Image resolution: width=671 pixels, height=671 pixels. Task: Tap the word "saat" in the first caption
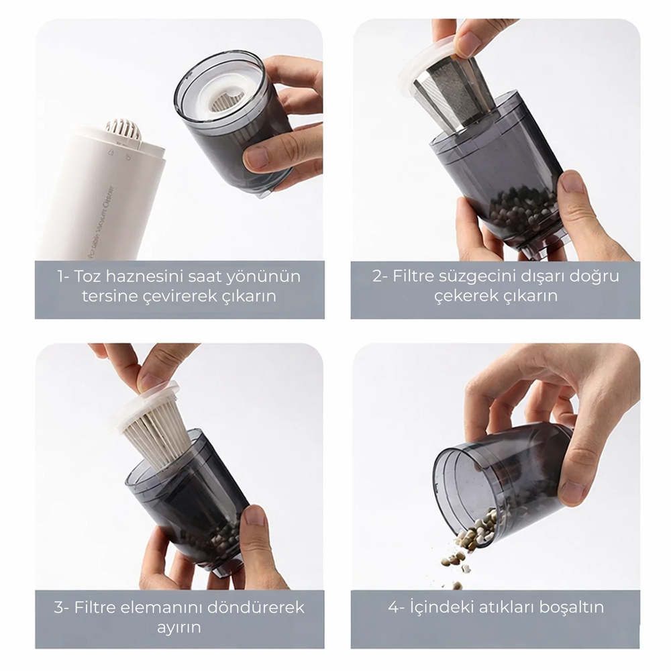[x=204, y=276]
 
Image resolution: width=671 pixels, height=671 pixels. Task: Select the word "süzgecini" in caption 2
[x=468, y=276]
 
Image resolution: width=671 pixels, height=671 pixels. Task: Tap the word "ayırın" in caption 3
[x=179, y=628]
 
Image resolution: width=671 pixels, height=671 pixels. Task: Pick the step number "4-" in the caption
[x=397, y=607]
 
